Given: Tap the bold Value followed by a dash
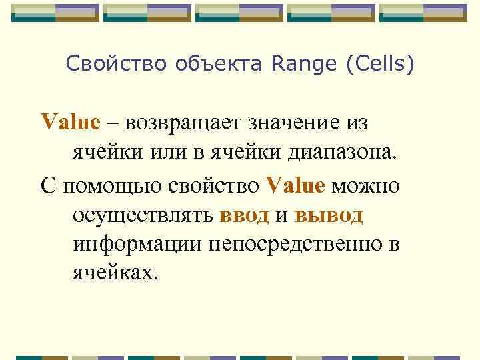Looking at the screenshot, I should (70, 123).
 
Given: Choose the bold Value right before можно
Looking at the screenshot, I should (295, 185).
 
